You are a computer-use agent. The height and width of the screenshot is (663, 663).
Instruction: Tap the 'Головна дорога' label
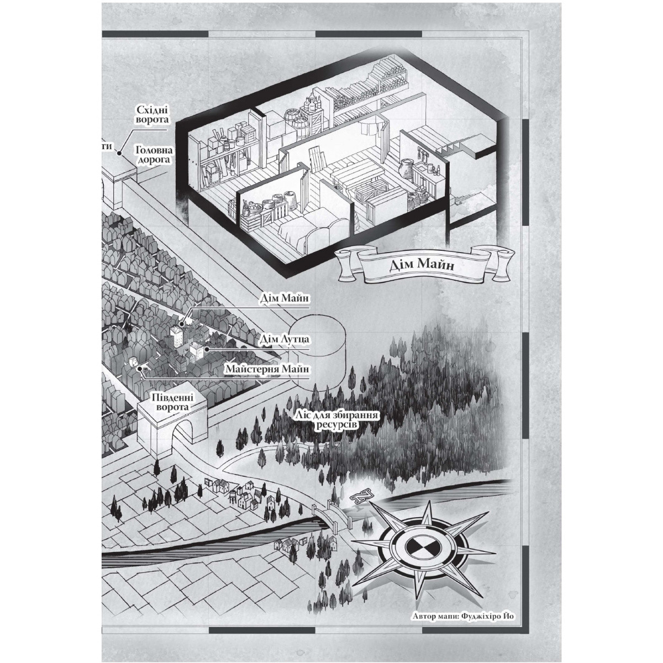154,155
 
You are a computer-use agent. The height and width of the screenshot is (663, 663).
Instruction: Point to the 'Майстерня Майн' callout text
267,369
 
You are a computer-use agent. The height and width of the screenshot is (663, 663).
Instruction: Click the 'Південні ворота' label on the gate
172,403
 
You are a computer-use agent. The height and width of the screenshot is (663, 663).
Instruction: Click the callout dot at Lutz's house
207,349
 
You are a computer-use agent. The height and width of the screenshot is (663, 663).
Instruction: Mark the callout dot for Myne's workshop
140,369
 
